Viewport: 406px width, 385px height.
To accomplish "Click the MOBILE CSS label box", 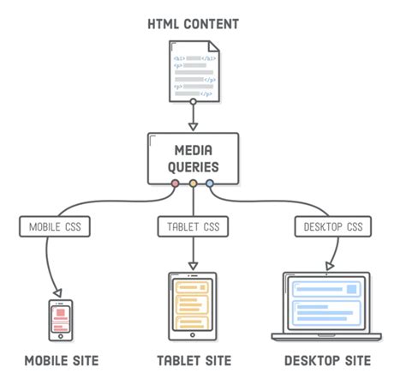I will pyautogui.click(x=56, y=227).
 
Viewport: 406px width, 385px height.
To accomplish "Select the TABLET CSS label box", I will pyautogui.click(x=193, y=227).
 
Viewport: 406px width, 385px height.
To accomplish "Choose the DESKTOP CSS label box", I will pyautogui.click(x=333, y=227).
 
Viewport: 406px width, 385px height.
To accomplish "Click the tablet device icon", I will pyautogui.click(x=193, y=304).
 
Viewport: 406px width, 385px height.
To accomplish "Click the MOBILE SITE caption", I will pyautogui.click(x=61, y=361).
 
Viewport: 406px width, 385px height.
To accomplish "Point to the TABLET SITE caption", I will pyautogui.click(x=193, y=361).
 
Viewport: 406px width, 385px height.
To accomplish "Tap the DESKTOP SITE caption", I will pyautogui.click(x=327, y=361).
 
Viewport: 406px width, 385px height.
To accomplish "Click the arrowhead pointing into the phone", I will pyautogui.click(x=58, y=292).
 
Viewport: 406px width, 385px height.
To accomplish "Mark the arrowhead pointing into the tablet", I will pyautogui.click(x=193, y=265).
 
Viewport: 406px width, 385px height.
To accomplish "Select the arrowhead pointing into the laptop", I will pyautogui.click(x=329, y=266).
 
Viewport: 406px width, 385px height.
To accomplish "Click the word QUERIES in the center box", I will pyautogui.click(x=193, y=166).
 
